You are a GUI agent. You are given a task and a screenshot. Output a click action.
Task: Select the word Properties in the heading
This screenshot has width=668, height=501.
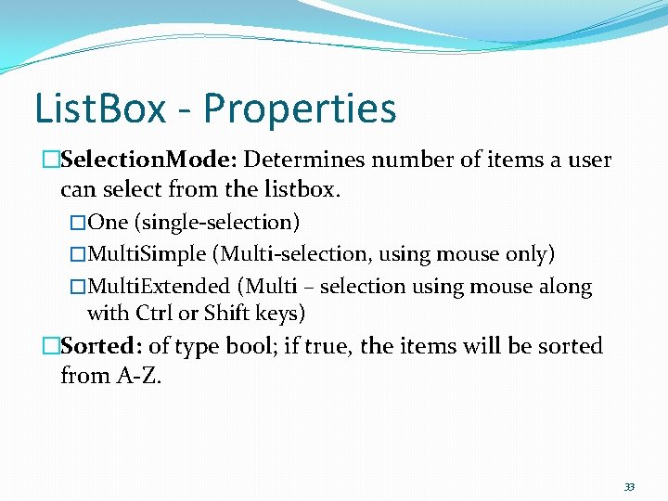coord(300,109)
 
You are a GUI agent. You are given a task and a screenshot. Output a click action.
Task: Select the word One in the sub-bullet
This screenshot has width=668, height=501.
coord(108,223)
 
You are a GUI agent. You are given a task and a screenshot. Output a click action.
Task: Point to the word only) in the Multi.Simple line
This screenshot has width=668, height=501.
coord(531,254)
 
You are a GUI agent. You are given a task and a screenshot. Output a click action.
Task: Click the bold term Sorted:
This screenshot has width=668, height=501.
coord(101,347)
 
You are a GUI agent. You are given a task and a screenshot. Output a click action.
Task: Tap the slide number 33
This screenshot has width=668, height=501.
coord(629,487)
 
